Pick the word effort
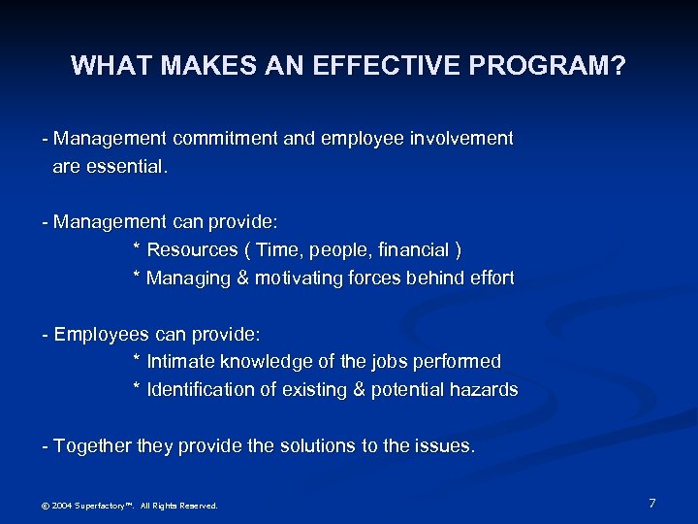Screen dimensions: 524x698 coord(489,278)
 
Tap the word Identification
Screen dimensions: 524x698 coord(199,390)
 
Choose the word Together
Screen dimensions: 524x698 coord(93,446)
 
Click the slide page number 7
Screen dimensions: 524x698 coord(652,503)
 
